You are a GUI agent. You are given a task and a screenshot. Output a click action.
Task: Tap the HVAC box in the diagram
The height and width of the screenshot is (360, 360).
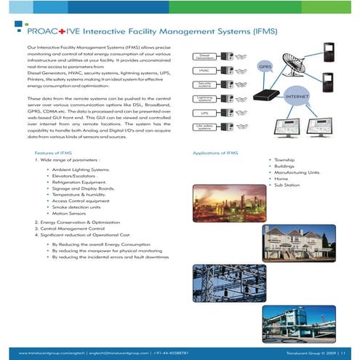[x=204, y=71]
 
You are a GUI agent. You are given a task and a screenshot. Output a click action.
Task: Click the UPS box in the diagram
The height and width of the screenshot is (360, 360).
[x=204, y=113]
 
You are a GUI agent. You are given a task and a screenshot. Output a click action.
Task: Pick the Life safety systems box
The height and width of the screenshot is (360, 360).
[x=204, y=127]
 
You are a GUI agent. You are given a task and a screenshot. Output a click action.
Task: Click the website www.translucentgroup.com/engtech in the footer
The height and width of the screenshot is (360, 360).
[x=47, y=352]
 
